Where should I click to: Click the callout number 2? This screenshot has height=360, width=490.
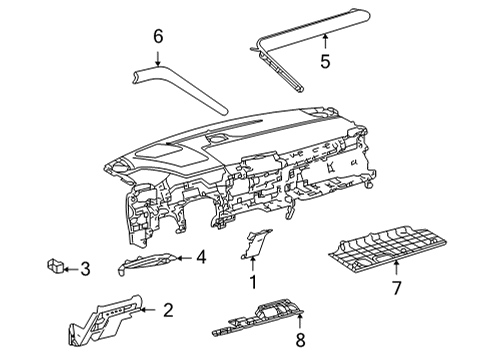point(168,310)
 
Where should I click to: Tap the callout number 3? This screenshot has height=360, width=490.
point(85,268)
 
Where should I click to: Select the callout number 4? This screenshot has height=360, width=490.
point(201,257)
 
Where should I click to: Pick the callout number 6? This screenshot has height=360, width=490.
point(157,36)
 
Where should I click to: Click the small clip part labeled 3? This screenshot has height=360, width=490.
point(56,266)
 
